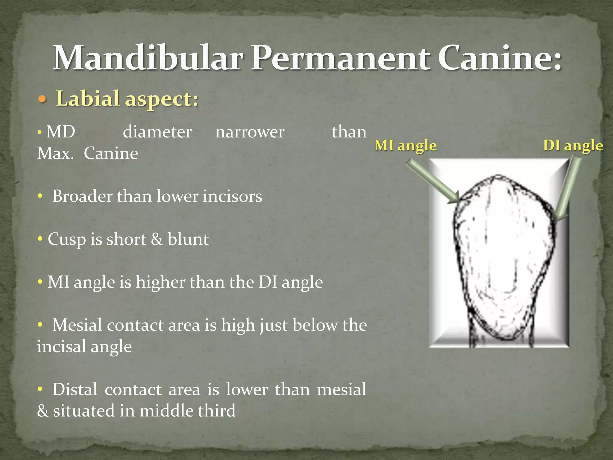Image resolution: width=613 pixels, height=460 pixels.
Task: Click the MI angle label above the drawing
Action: click(405, 146)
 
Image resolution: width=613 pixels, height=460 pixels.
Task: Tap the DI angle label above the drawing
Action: click(573, 146)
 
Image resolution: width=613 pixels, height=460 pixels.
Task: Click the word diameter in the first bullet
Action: click(157, 132)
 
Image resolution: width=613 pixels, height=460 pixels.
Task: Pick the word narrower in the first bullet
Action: click(250, 132)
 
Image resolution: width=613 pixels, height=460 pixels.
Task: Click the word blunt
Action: click(188, 239)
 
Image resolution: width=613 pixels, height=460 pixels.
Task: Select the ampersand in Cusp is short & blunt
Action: click(157, 239)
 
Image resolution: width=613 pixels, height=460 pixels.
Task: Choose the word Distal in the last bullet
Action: click(75, 389)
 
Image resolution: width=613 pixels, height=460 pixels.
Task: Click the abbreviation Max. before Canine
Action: click(55, 153)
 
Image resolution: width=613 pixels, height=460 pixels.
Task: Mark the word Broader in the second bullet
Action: click(82, 196)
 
